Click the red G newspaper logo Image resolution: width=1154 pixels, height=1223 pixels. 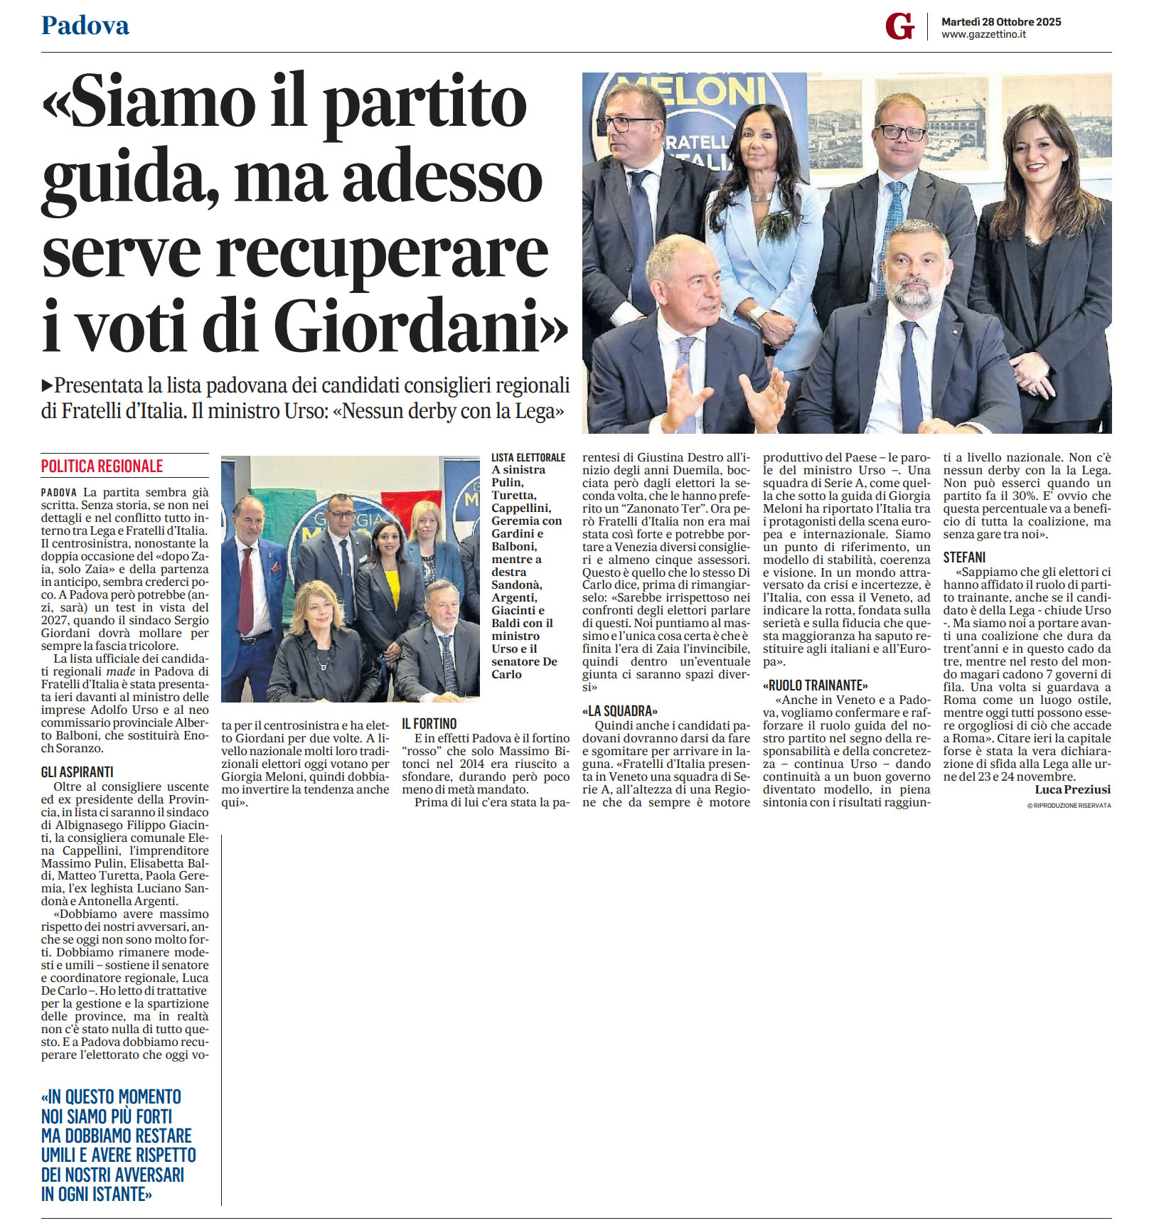click(899, 27)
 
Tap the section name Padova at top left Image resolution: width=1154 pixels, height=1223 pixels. click(85, 26)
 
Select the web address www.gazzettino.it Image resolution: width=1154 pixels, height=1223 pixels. click(983, 35)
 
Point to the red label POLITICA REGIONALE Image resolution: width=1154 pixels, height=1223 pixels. click(102, 466)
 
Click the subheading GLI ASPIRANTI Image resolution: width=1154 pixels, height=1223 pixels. click(77, 772)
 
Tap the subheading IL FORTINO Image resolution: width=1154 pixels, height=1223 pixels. click(429, 724)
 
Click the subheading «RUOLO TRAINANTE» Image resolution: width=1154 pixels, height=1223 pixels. click(815, 685)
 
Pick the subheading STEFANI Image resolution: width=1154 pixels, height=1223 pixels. click(964, 557)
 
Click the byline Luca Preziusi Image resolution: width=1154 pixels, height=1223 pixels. click(1072, 789)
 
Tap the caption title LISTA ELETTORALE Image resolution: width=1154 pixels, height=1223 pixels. click(528, 457)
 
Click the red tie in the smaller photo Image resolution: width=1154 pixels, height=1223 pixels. click(246, 590)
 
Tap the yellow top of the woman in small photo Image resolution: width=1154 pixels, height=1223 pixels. click(392, 587)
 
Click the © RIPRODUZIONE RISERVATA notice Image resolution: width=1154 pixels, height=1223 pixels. click(1069, 806)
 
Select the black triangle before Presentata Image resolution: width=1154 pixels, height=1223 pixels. click(47, 385)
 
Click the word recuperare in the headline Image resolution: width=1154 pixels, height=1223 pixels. click(382, 252)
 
